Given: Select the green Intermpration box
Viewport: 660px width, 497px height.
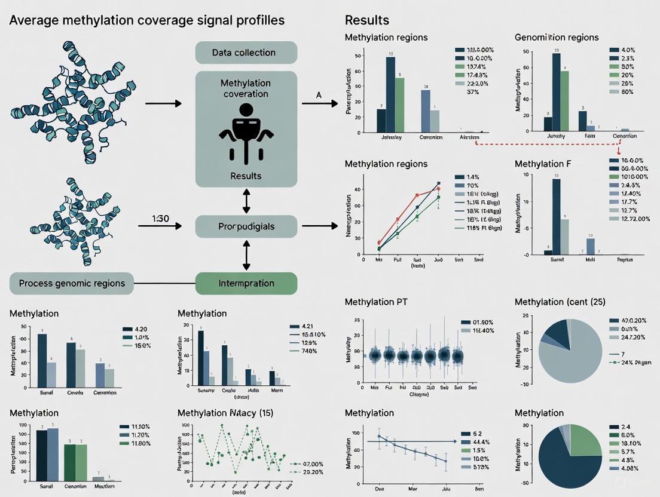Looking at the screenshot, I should pyautogui.click(x=246, y=283).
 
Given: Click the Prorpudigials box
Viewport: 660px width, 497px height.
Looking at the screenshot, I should pyautogui.click(x=246, y=227).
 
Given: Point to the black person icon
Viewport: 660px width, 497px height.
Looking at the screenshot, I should pyautogui.click(x=246, y=132).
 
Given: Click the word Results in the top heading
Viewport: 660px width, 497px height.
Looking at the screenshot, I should pyautogui.click(x=366, y=20).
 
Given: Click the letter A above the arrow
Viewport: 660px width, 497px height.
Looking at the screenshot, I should pyautogui.click(x=318, y=95).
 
